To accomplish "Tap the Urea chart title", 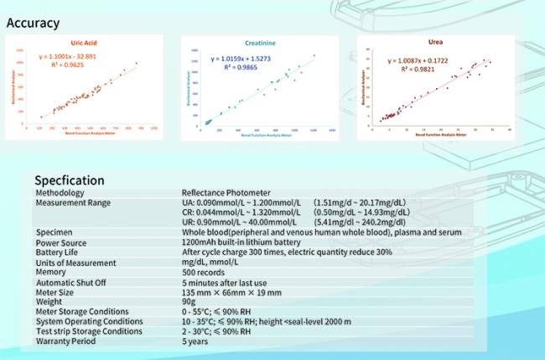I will pyautogui.click(x=436, y=41).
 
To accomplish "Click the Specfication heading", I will pyautogui.click(x=69, y=180).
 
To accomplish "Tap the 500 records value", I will pyautogui.click(x=203, y=272).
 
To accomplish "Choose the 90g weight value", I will pyautogui.click(x=189, y=301).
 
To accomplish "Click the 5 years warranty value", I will pyautogui.click(x=195, y=341).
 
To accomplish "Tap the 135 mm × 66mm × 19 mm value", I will pyautogui.click(x=231, y=291).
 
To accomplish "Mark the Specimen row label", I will pyautogui.click(x=54, y=232).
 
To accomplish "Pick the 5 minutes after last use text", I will pyautogui.click(x=226, y=281).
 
